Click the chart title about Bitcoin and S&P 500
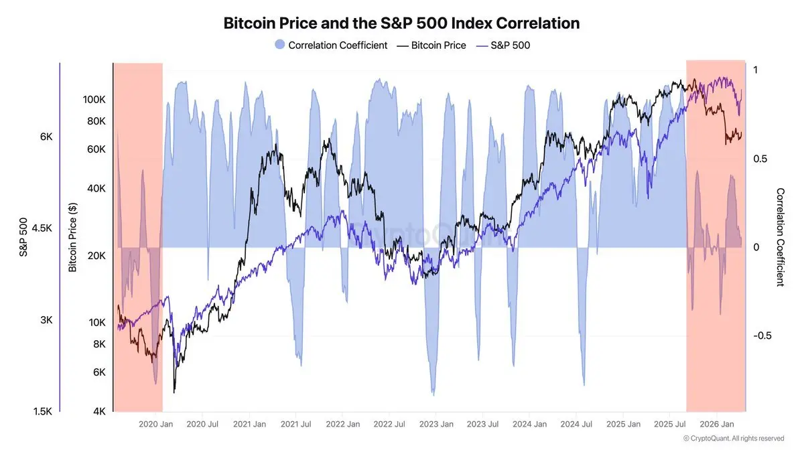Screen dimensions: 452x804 click(x=401, y=23)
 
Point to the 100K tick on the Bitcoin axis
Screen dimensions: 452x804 click(x=93, y=99)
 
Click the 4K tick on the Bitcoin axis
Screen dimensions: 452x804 click(x=98, y=411)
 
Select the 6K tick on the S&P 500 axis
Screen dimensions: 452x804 click(x=46, y=137)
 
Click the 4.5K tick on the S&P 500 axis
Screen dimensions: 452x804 click(x=42, y=228)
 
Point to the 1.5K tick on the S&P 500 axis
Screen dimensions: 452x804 click(x=42, y=411)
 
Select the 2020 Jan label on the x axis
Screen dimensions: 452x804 click(x=155, y=425)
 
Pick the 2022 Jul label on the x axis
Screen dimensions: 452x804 click(x=388, y=425)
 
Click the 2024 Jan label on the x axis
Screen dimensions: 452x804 click(x=529, y=425)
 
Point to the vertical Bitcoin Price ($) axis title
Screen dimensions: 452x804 click(x=73, y=237)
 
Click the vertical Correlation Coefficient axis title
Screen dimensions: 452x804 click(x=780, y=237)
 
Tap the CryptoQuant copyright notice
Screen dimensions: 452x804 click(x=733, y=439)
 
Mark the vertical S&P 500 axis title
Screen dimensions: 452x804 click(x=23, y=237)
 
